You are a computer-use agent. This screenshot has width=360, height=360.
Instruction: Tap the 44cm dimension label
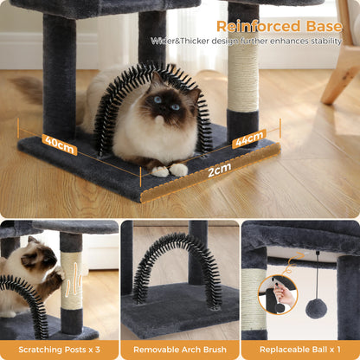pos(249,138)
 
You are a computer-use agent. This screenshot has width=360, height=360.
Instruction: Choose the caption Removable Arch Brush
pos(179,349)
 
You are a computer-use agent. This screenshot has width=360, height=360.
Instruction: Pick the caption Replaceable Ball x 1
pos(300,349)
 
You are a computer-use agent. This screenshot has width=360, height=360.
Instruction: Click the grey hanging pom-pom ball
pos(316,308)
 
